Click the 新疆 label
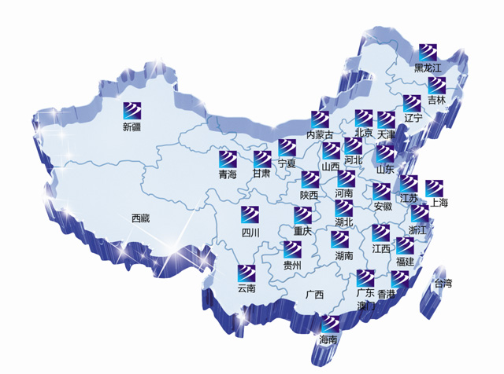tap(132, 127)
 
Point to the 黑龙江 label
tap(429, 69)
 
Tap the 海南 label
tap(328, 340)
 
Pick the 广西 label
tap(314, 295)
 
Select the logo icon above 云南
tap(246, 273)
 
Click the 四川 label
tap(250, 233)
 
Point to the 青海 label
tap(228, 174)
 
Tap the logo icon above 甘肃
tap(262, 158)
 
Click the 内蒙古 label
tap(319, 135)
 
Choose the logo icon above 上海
tap(435, 188)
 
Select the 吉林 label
tap(436, 101)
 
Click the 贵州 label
tap(292, 266)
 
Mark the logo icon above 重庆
tap(303, 214)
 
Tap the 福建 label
tap(405, 261)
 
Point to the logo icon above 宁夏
tap(287, 147)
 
